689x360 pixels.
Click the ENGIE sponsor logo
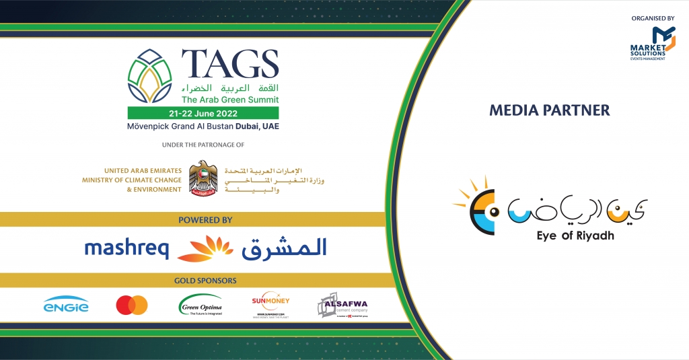click(x=66, y=306)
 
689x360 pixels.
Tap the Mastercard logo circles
click(x=132, y=305)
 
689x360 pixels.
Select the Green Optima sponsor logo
click(x=201, y=306)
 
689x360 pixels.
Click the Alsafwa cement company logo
click(x=342, y=305)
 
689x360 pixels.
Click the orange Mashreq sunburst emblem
click(x=205, y=248)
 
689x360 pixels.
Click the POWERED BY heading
click(x=206, y=219)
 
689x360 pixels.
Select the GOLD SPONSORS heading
click(x=205, y=280)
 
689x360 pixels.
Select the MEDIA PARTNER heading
click(x=550, y=110)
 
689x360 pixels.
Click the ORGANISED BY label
click(x=651, y=19)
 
